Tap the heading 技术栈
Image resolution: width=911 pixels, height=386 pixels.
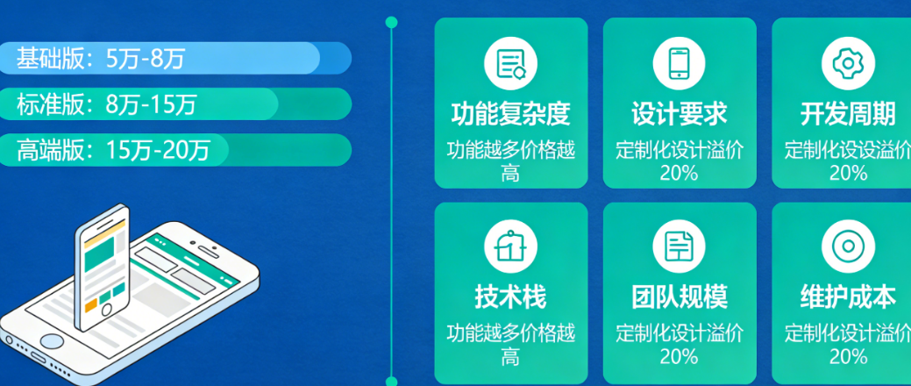(x=510, y=297)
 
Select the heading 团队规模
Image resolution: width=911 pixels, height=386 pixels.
(x=679, y=297)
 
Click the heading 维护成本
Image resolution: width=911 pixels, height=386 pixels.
(x=847, y=297)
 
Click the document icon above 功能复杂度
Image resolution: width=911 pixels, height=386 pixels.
(x=510, y=63)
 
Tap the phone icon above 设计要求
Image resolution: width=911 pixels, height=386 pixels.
(x=679, y=63)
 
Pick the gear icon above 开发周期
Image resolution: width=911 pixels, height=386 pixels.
(x=847, y=63)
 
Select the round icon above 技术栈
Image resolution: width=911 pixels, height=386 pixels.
(x=510, y=247)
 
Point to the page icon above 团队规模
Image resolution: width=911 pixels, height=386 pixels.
(x=679, y=247)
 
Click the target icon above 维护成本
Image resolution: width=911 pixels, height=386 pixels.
(x=847, y=247)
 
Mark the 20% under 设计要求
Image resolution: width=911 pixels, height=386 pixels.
(x=679, y=173)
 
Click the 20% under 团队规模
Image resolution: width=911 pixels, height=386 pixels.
(x=679, y=356)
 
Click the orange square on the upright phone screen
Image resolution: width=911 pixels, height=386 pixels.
(x=90, y=304)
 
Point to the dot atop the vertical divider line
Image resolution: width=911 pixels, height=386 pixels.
(x=391, y=22)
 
